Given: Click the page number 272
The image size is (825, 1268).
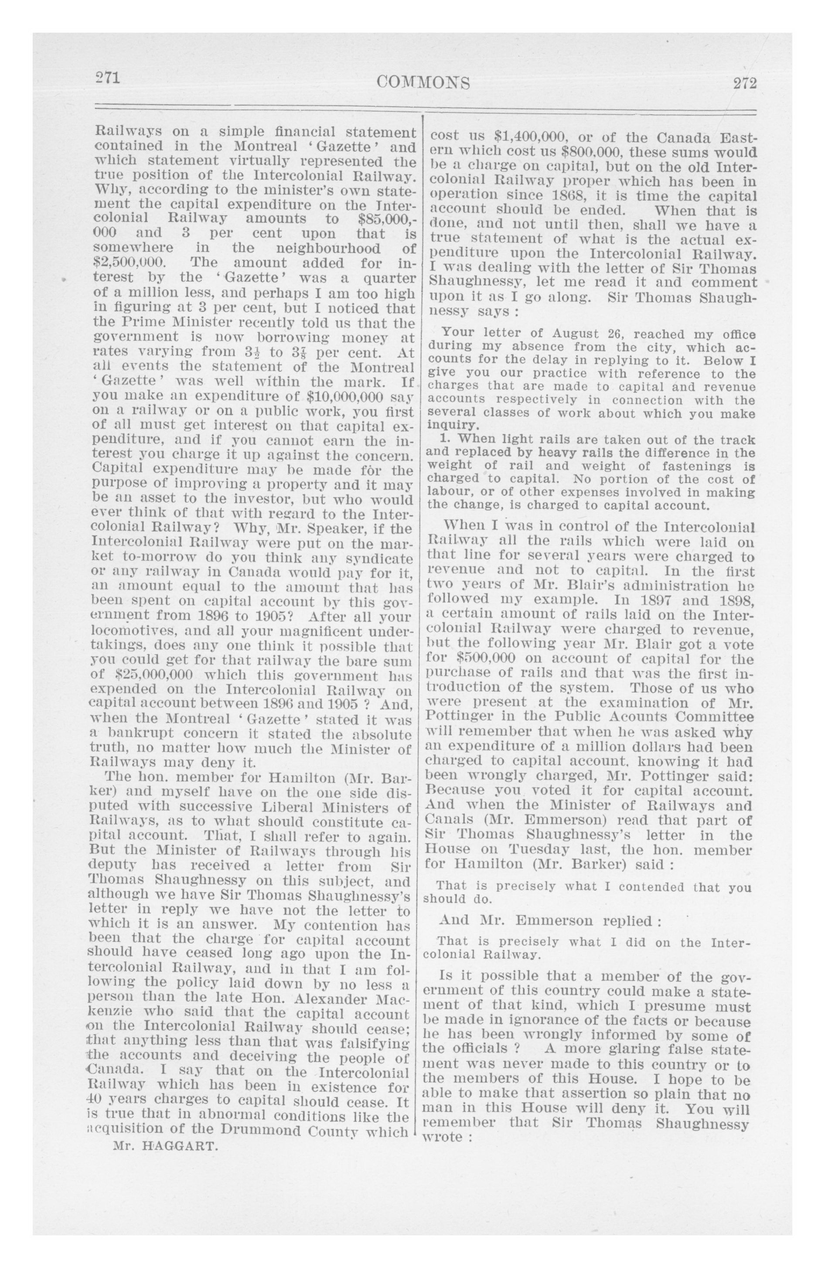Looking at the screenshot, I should point(744,83).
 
